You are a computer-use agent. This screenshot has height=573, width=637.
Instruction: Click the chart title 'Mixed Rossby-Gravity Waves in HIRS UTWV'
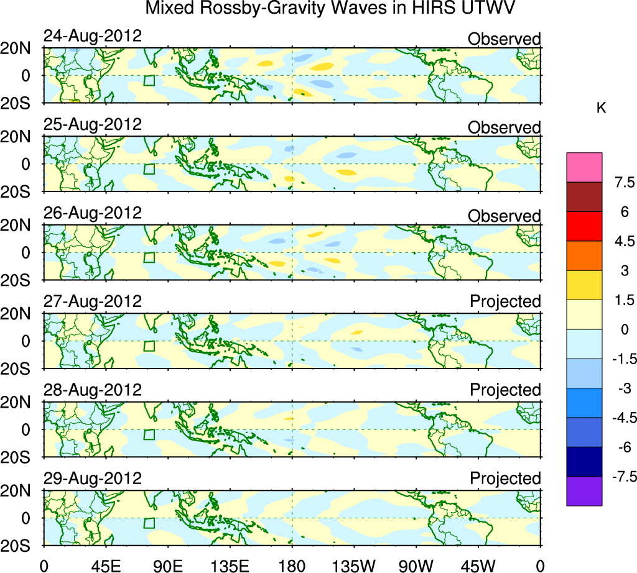point(332,9)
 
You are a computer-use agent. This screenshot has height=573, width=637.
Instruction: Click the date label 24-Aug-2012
point(93,36)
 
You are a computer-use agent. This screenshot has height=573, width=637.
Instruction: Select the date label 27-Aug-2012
point(93,301)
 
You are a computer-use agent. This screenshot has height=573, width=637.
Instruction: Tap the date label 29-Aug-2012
point(93,479)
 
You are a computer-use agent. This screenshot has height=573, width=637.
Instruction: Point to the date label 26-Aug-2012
point(93,213)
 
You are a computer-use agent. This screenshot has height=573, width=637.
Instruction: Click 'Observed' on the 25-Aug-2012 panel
point(504,127)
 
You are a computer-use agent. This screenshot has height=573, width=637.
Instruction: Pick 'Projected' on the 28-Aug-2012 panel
point(505,390)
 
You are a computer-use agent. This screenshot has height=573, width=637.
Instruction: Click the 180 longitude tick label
point(292,566)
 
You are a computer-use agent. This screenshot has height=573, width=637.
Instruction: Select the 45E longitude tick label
point(105,566)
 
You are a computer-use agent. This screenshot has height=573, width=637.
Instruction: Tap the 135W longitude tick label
point(352,566)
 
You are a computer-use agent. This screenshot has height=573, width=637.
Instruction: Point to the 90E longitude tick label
point(167,566)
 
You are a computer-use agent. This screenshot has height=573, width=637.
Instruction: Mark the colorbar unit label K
point(601,108)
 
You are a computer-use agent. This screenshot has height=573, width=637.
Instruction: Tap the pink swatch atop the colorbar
point(584,167)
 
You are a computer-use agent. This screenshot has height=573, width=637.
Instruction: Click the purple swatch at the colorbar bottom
point(584,491)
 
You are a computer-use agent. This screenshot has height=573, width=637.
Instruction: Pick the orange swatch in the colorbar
point(584,255)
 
